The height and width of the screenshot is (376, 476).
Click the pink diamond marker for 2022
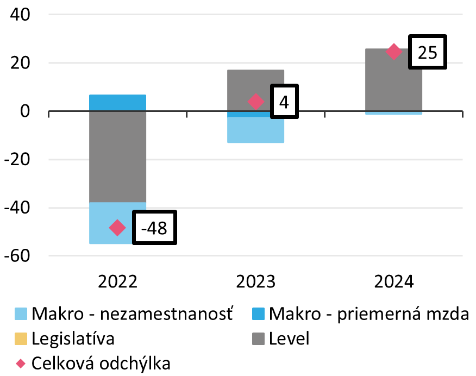(x=117, y=228)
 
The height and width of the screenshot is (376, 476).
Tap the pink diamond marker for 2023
(x=256, y=102)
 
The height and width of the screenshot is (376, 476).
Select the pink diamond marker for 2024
(x=394, y=52)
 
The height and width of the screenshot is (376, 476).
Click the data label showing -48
(x=155, y=228)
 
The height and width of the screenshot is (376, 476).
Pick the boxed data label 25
(x=427, y=52)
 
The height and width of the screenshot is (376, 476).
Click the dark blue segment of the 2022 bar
(x=117, y=103)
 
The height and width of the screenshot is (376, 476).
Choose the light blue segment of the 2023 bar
(x=256, y=130)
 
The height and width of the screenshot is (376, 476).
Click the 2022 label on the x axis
(x=117, y=282)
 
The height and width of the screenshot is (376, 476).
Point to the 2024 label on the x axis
(x=394, y=282)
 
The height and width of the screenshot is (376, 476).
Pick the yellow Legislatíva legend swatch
(x=20, y=339)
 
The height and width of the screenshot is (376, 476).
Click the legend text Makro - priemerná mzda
(x=368, y=314)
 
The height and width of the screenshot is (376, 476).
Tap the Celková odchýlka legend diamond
(x=20, y=363)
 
